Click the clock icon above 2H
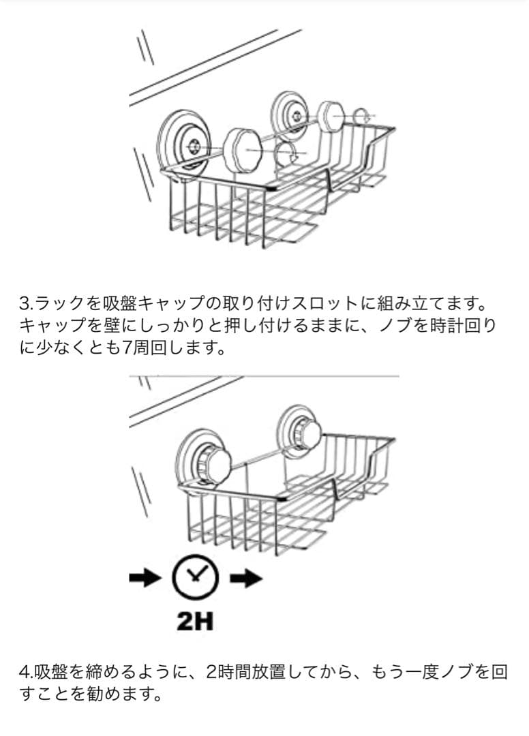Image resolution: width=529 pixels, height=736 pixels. tap(195, 578)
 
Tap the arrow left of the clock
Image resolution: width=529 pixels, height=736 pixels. tap(145, 579)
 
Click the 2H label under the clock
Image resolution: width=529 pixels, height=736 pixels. tap(195, 621)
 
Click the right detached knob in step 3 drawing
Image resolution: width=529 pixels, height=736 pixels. tap(331, 115)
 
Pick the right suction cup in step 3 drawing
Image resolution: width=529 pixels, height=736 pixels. tap(290, 115)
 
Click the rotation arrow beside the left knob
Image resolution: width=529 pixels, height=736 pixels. tap(287, 153)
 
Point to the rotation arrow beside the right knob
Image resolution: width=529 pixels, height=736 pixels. tap(361, 115)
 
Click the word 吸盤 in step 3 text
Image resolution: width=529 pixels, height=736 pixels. tap(119, 303)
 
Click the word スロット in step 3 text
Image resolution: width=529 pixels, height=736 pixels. tap(324, 304)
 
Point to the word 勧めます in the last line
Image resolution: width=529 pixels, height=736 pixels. tap(124, 694)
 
